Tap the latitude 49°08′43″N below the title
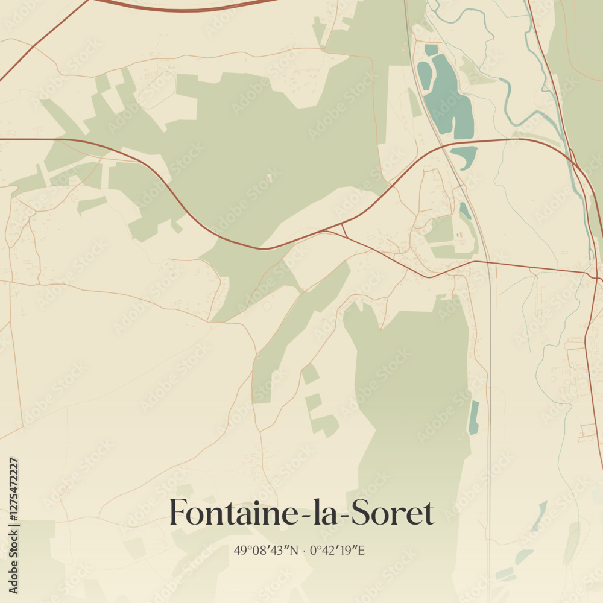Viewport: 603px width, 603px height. pos(267,550)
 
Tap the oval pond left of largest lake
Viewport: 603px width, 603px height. pos(425,76)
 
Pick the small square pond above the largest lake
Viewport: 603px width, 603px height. pos(431,50)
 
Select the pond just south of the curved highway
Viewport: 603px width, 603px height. pos(464,155)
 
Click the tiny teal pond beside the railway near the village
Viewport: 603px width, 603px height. pos(465,210)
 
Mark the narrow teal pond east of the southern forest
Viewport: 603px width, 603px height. pos(474,417)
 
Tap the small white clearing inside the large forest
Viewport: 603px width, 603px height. pos(270,178)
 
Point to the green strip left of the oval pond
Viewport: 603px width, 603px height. pos(414,103)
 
